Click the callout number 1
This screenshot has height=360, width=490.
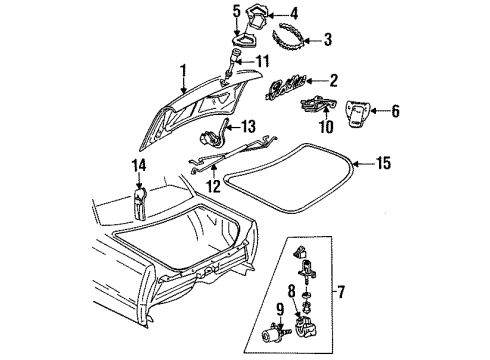[182, 71]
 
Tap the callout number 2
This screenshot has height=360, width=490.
[333, 80]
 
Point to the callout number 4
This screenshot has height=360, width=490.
[321, 13]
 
